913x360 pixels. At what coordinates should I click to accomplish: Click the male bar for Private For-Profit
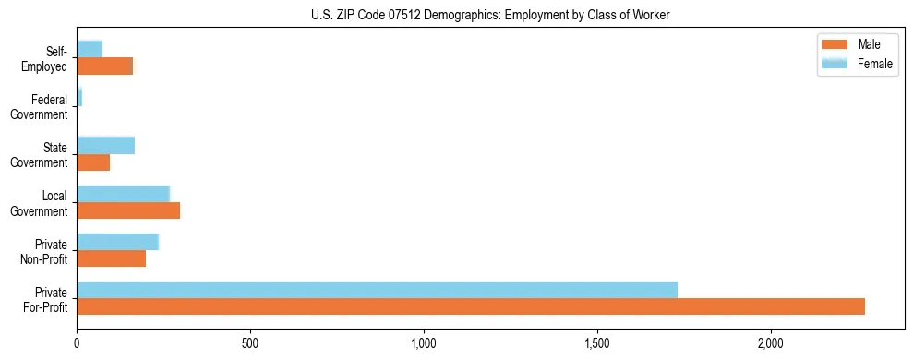click(x=471, y=306)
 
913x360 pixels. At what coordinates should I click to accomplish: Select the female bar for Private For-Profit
click(x=377, y=290)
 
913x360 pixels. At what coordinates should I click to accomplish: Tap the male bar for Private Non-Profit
click(x=112, y=258)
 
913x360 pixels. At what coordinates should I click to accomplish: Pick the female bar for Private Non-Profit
click(x=118, y=242)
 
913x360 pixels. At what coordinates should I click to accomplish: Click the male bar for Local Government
click(x=128, y=210)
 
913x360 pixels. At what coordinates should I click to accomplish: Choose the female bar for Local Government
click(x=124, y=194)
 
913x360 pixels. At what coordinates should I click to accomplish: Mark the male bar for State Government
click(x=93, y=162)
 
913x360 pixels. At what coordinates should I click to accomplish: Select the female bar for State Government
click(x=106, y=146)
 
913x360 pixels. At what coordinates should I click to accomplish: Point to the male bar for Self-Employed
click(x=105, y=66)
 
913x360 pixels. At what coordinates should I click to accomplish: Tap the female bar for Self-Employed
click(x=90, y=49)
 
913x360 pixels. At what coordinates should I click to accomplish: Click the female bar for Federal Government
click(x=79, y=97)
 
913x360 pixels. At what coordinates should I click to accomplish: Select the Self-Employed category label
click(x=48, y=58)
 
